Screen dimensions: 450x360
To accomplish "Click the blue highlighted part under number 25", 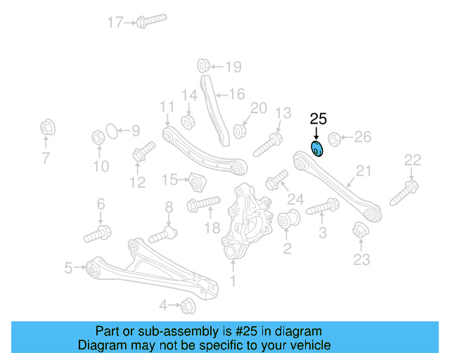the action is [x=317, y=149].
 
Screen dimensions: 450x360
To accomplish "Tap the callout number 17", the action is [x=115, y=22].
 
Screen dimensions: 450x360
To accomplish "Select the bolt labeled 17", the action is [x=151, y=20].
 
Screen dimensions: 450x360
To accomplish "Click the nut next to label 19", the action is [x=203, y=65].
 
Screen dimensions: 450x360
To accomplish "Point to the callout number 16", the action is [x=237, y=94].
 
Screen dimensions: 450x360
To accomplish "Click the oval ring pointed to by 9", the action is [x=112, y=131].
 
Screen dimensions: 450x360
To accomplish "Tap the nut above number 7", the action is [x=47, y=128].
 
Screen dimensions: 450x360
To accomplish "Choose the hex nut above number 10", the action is [x=98, y=137].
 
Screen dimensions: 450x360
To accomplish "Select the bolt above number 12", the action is [x=143, y=151].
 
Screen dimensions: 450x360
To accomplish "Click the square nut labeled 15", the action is [x=198, y=183].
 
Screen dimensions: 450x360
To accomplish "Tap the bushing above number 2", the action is [x=289, y=219].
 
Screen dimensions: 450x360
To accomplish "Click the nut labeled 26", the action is [x=335, y=139].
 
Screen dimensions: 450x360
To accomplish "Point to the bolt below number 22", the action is [x=404, y=193].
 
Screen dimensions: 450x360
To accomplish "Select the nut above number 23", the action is [x=361, y=230].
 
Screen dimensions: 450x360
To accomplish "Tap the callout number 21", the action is [x=364, y=171].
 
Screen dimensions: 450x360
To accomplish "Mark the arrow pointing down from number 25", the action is [x=316, y=134].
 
